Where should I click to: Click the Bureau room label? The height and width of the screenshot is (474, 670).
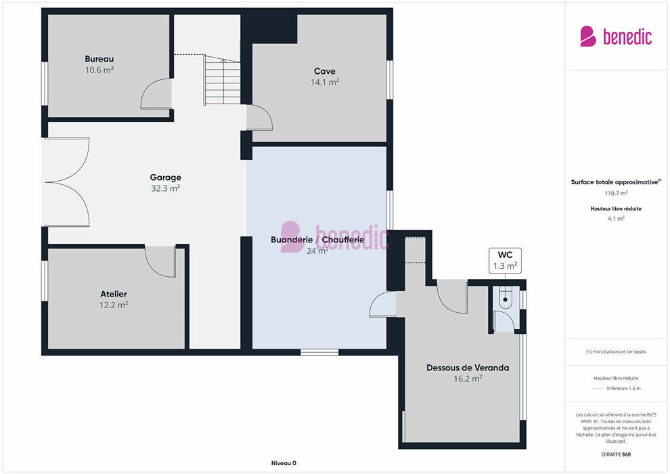click(99, 59)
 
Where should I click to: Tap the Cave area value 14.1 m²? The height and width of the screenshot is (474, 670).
click(325, 82)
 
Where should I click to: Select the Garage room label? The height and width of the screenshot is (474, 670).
click(165, 177)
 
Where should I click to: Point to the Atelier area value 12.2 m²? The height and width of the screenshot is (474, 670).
click(114, 305)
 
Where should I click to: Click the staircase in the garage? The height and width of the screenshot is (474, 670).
click(222, 81)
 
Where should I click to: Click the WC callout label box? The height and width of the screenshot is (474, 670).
click(505, 260)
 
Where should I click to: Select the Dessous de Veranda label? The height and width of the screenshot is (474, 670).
click(468, 368)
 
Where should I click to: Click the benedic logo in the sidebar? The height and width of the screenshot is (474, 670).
click(616, 37)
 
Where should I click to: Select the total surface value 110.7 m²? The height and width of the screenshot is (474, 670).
click(616, 193)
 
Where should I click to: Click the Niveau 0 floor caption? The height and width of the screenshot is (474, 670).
click(284, 463)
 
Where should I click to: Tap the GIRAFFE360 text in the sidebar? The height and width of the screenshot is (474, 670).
click(616, 454)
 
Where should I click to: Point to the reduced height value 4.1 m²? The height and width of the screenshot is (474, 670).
click(616, 219)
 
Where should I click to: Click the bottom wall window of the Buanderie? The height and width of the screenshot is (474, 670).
click(319, 352)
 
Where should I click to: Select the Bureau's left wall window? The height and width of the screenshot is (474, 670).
click(45, 83)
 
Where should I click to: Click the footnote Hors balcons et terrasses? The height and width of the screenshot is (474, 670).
click(616, 351)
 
